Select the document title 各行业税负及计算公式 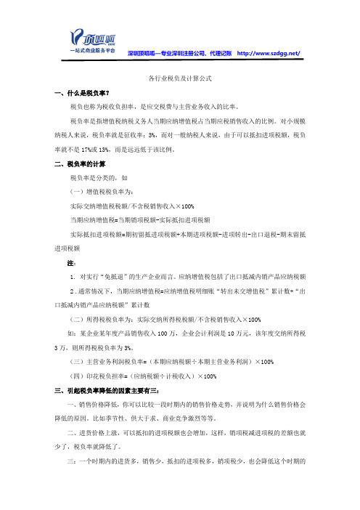coord(179,78)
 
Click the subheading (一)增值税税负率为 coord(101,193)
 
